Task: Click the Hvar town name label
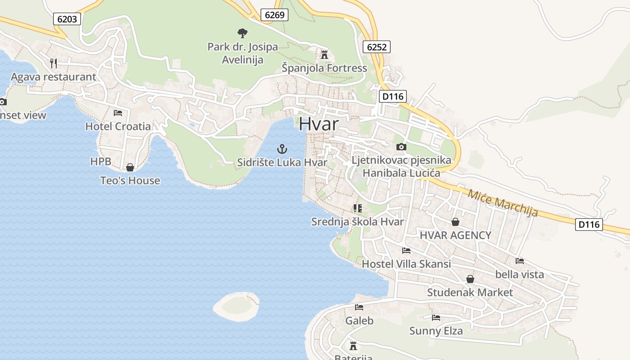click(x=319, y=123)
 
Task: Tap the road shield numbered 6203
click(x=67, y=19)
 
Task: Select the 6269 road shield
click(x=274, y=15)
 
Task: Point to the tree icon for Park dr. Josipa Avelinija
click(x=243, y=33)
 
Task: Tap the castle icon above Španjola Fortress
click(x=324, y=55)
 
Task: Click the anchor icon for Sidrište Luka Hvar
click(x=282, y=149)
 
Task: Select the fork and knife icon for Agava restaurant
click(x=54, y=63)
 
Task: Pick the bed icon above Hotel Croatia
click(x=118, y=113)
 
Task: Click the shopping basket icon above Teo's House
click(x=130, y=167)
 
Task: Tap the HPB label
click(x=100, y=162)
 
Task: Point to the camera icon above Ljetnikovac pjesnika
click(x=401, y=147)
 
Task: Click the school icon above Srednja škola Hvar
click(x=358, y=208)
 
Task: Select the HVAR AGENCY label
click(x=455, y=235)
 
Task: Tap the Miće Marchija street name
click(x=503, y=202)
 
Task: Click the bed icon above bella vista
click(x=519, y=261)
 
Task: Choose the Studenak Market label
click(x=470, y=292)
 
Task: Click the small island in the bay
click(x=237, y=306)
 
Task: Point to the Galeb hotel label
click(x=359, y=320)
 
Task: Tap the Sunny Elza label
click(x=436, y=331)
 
